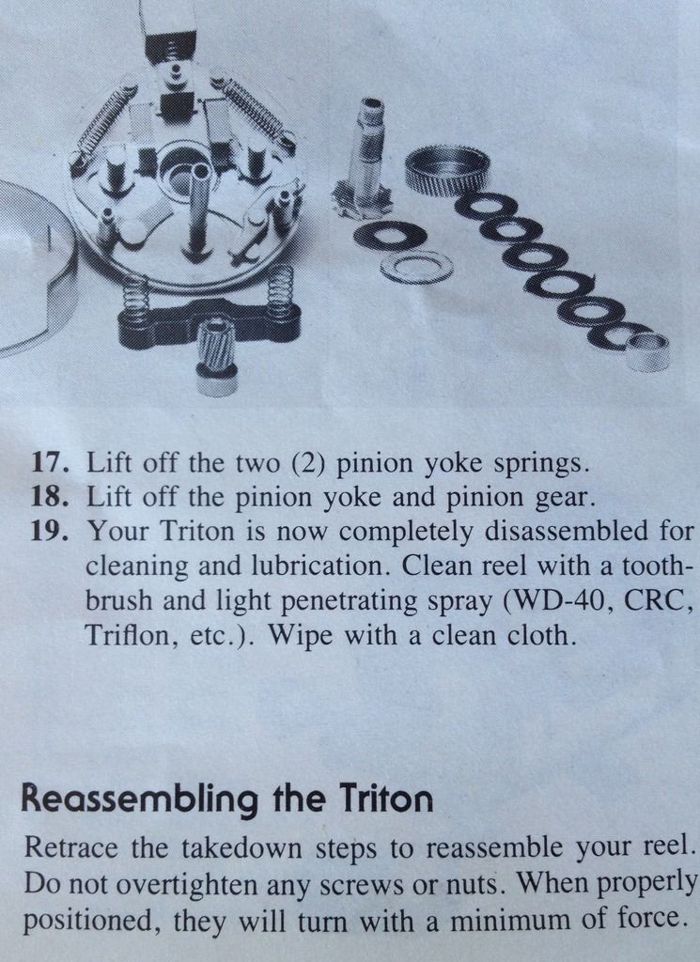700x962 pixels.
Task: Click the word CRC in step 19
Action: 658,600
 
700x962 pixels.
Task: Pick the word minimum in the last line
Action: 503,921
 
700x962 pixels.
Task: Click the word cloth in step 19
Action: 540,634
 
